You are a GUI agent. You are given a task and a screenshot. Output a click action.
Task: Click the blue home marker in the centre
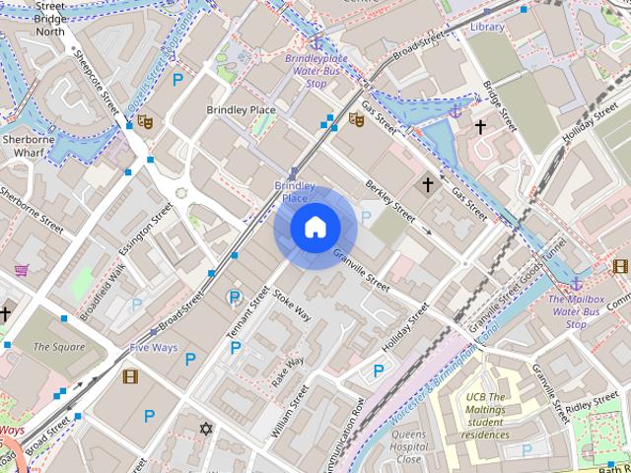click(315, 228)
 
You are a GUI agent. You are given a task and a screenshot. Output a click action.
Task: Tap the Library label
click(487, 27)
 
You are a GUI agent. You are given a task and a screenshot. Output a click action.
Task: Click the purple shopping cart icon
click(21, 269)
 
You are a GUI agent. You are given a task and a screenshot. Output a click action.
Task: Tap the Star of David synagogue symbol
click(205, 429)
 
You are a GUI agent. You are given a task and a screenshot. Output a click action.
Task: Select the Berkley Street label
click(388, 193)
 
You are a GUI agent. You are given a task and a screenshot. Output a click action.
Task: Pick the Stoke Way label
click(293, 305)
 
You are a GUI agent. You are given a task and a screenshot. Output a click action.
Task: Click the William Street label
click(290, 411)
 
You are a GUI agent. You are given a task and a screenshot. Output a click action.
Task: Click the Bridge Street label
click(500, 106)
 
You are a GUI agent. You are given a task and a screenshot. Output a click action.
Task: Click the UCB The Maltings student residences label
click(486, 415)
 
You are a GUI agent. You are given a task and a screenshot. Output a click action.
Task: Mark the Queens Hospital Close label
click(408, 446)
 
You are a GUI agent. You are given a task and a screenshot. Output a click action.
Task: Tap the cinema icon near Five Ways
click(131, 375)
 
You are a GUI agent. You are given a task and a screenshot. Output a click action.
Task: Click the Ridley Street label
click(592, 404)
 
